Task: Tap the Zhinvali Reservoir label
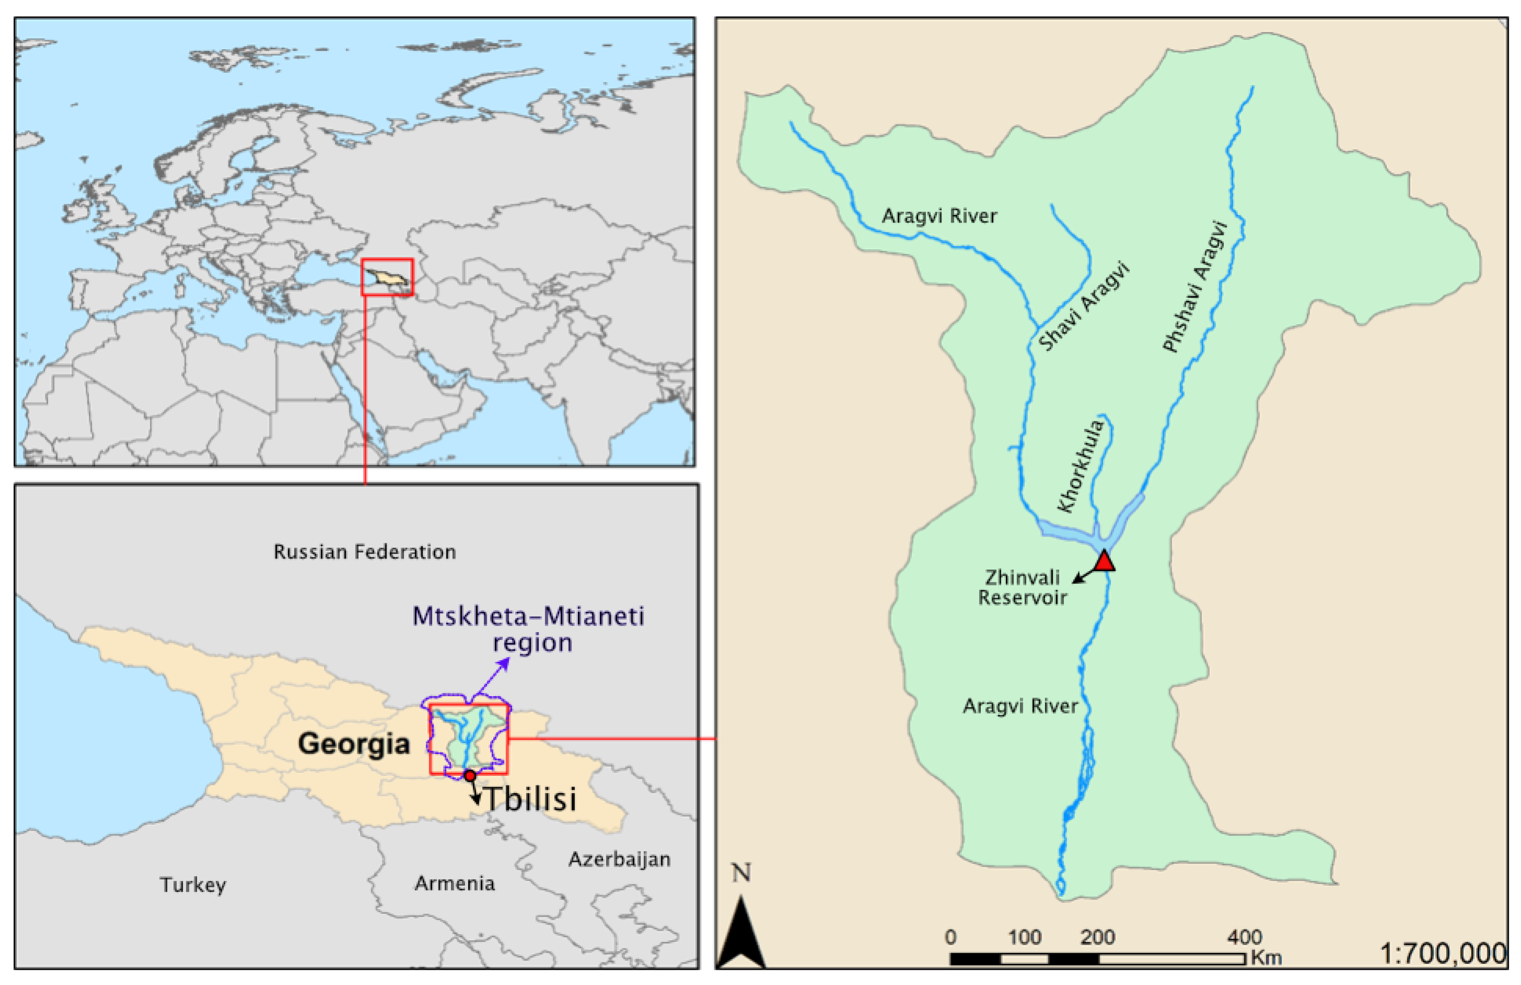(1022, 587)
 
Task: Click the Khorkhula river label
(1081, 465)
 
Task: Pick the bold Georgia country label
(353, 744)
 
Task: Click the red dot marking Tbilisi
(470, 775)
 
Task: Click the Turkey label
(193, 885)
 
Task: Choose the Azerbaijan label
(619, 859)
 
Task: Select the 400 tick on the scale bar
(1244, 938)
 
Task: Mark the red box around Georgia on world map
(387, 277)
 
